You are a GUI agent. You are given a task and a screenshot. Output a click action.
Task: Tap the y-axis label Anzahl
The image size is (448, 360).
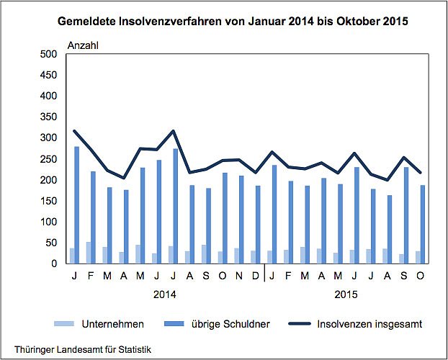click(x=83, y=45)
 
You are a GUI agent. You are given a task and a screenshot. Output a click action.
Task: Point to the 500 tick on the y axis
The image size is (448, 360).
click(x=48, y=54)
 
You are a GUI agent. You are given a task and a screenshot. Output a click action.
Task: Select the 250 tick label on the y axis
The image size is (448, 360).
click(x=48, y=158)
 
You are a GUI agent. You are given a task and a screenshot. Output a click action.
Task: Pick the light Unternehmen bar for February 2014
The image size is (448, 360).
click(x=89, y=252)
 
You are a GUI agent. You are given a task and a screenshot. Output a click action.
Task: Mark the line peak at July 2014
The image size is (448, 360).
click(x=174, y=131)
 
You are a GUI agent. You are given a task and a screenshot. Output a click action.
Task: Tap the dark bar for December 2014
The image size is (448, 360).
click(x=257, y=224)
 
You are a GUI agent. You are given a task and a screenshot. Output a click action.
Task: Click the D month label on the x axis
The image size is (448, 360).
click(x=255, y=274)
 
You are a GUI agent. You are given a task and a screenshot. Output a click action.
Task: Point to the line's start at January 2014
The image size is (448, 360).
click(x=73, y=131)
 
